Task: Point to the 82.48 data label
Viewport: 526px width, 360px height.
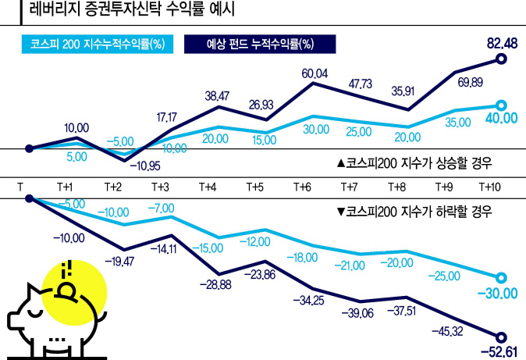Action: point(499,43)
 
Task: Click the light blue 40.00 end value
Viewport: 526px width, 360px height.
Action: point(499,118)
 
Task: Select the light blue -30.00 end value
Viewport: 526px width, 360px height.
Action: point(499,293)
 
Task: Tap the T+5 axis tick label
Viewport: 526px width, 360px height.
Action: point(254,187)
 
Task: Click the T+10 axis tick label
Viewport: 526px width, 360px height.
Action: point(491,187)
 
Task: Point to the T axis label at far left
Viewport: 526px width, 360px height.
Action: point(21,187)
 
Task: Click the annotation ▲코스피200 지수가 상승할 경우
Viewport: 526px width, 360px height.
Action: point(418,163)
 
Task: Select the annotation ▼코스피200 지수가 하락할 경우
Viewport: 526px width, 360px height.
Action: point(418,211)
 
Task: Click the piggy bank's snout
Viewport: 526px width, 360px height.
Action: point(16,318)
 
